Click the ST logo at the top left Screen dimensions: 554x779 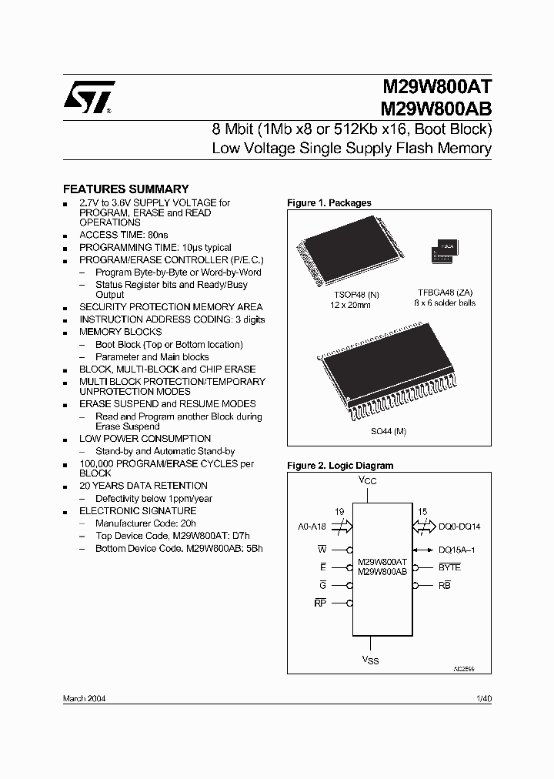89,98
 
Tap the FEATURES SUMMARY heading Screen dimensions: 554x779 125,189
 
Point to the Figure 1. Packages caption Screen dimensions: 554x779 329,202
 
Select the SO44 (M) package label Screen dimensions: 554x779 389,431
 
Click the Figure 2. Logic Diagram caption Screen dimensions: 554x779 340,465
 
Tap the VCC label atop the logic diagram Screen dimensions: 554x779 369,480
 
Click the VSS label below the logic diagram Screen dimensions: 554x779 370,660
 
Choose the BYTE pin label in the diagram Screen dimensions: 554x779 449,567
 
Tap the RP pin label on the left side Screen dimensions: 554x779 321,603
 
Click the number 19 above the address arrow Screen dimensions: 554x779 340,510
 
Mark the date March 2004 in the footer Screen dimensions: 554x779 84,698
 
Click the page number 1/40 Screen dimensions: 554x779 483,698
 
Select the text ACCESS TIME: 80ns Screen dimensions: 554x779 122,235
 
